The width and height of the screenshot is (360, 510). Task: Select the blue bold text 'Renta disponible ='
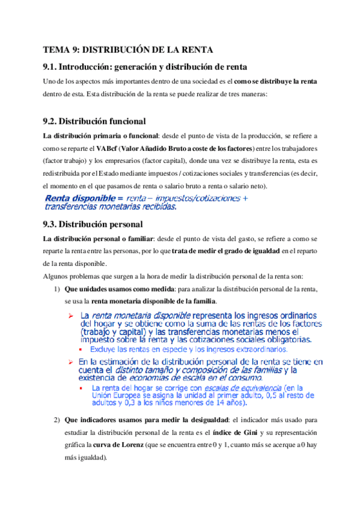pos(84,198)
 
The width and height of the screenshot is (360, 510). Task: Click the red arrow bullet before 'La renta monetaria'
pos(70,316)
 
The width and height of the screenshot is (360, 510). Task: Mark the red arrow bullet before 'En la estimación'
pos(70,362)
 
